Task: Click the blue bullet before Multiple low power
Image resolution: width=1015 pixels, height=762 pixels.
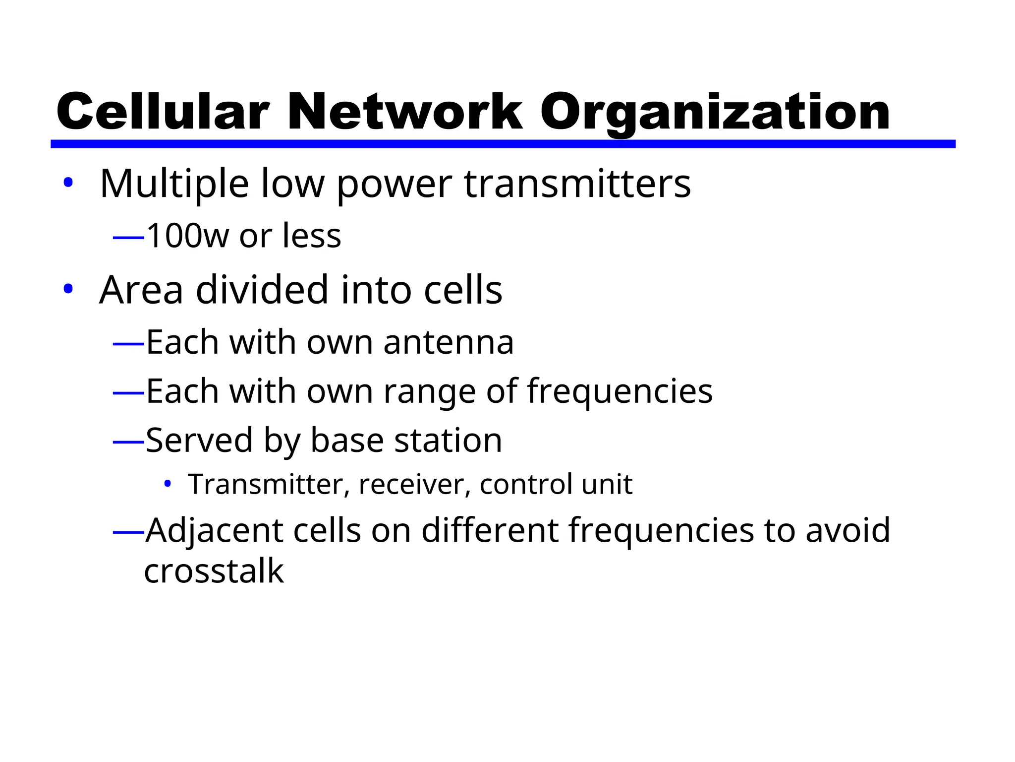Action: pyautogui.click(x=68, y=183)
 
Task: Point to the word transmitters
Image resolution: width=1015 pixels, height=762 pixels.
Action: pyautogui.click(x=577, y=184)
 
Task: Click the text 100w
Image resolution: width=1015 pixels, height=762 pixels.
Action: pyautogui.click(x=188, y=236)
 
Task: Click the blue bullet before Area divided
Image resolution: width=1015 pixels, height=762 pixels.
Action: pyautogui.click(x=68, y=289)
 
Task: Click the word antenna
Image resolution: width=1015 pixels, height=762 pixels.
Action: pyautogui.click(x=449, y=342)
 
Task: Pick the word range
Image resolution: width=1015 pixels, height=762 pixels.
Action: pyautogui.click(x=429, y=392)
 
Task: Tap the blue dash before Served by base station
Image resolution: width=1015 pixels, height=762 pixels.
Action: pyautogui.click(x=128, y=441)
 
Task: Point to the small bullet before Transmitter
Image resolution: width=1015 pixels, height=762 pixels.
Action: pyautogui.click(x=168, y=483)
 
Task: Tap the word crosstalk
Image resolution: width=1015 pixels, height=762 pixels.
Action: pyautogui.click(x=214, y=571)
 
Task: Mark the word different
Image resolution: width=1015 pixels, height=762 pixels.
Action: pyautogui.click(x=490, y=530)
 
